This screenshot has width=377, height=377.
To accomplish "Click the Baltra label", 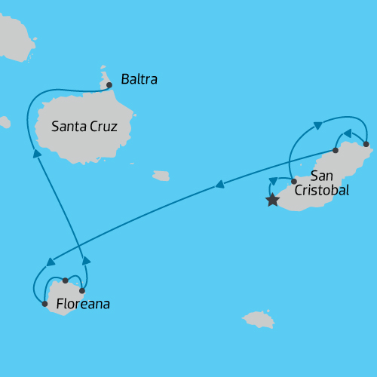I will click(139, 78).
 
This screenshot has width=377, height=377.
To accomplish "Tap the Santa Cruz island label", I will click(84, 127).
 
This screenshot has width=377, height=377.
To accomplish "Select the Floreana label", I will click(83, 305).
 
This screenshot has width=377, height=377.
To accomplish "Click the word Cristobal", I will click(322, 191).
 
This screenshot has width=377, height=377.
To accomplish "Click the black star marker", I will click(272, 201).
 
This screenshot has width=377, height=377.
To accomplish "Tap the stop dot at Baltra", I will click(109, 85).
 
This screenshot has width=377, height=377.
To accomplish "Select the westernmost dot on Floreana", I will click(44, 304).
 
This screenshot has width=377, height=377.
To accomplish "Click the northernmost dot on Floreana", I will click(66, 280).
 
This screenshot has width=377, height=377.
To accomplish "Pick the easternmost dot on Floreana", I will click(82, 290).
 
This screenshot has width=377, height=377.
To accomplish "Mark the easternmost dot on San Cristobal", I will click(366, 143).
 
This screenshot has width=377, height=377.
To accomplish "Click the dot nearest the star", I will click(293, 182).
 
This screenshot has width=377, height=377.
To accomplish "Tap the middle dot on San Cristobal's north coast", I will click(336, 150).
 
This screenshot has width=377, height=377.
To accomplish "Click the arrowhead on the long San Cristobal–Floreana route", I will click(219, 184).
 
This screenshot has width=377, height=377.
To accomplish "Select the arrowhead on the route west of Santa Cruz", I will click(36, 153).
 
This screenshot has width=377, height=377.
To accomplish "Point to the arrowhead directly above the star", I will click(272, 182).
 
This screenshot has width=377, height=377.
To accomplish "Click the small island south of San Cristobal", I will click(258, 319).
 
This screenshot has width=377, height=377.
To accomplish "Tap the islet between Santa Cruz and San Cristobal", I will click(161, 176).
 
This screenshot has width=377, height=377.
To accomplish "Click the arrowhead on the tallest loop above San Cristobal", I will click(318, 125).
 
